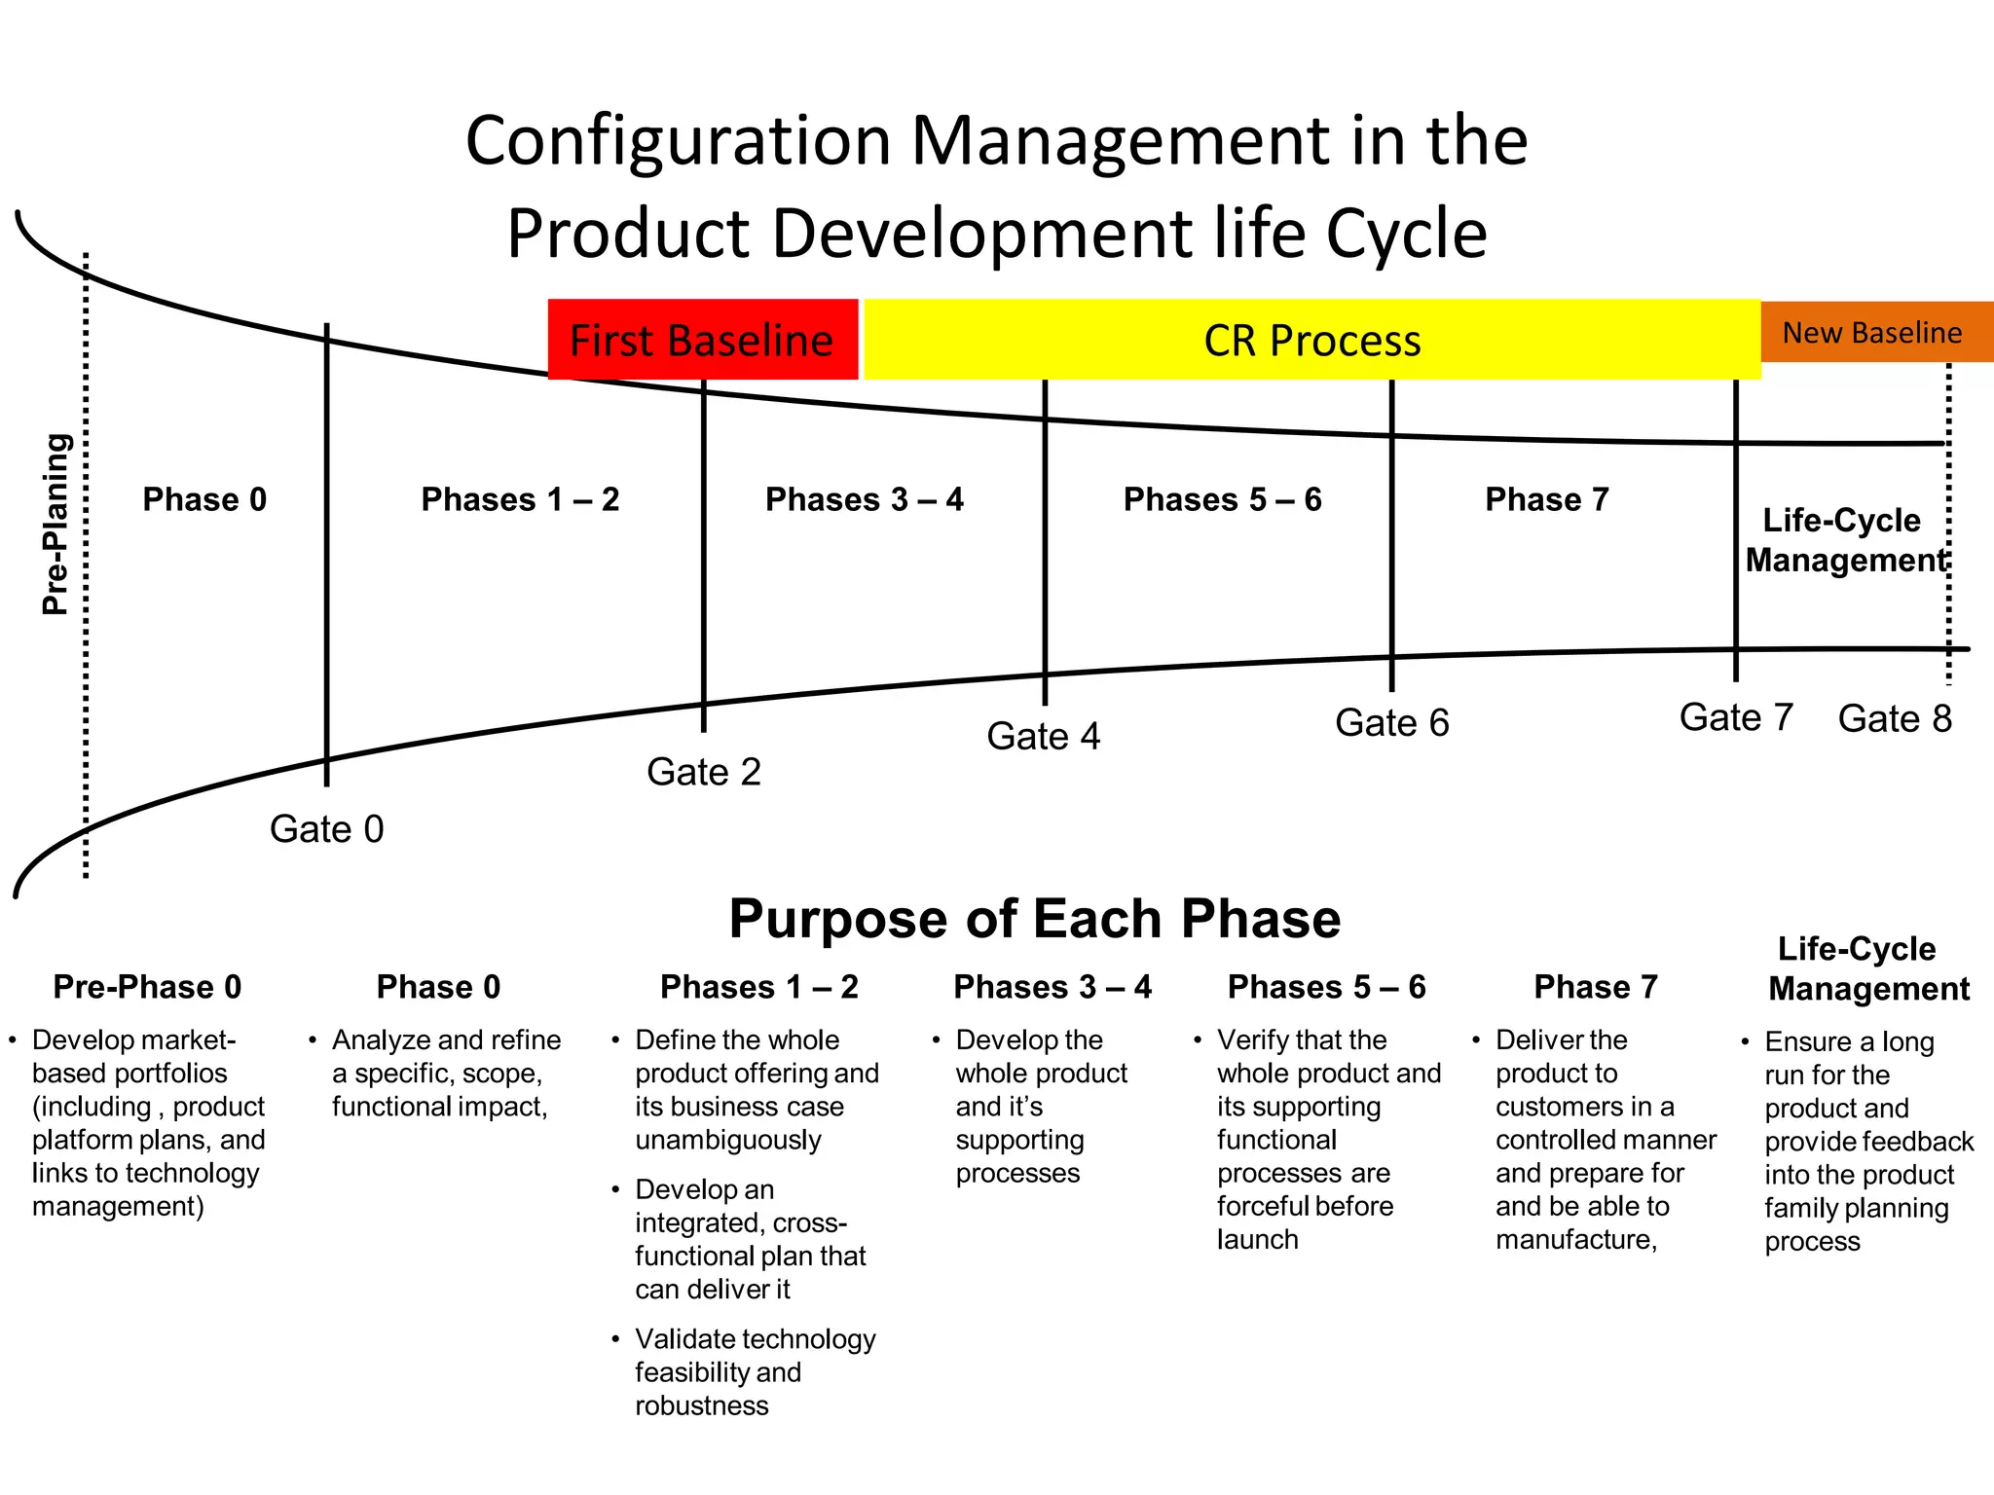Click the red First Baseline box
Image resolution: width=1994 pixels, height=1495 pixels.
(702, 340)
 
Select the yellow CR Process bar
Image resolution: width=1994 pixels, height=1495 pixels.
(1311, 340)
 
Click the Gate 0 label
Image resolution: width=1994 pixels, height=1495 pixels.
(326, 829)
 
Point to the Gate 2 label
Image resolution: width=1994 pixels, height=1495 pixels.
(703, 772)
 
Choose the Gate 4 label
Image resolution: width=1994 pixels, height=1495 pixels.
(1043, 736)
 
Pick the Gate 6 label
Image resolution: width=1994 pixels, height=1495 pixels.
(1391, 722)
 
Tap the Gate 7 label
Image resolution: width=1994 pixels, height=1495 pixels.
(1735, 717)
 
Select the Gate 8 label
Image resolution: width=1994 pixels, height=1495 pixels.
(1894, 718)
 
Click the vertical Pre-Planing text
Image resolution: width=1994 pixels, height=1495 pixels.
(56, 524)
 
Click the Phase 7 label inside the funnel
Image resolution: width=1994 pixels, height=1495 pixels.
(1546, 499)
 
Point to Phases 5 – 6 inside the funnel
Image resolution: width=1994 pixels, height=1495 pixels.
(1222, 499)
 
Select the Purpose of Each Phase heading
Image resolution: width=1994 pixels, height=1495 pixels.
(1034, 918)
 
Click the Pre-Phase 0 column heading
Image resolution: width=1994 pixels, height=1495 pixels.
(147, 987)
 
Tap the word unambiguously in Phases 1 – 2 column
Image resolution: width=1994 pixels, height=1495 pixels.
(727, 1140)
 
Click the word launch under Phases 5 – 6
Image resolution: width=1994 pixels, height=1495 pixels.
(1257, 1240)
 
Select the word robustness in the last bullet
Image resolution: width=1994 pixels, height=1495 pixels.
(701, 1405)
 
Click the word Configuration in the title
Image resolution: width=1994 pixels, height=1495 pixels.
(678, 140)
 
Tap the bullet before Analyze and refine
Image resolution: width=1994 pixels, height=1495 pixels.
(313, 1040)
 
